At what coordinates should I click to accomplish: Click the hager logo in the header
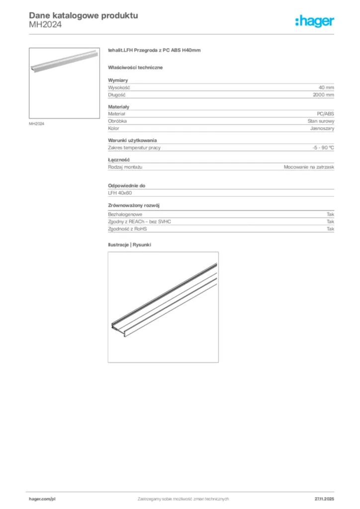point(315,21)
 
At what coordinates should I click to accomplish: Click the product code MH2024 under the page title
point(45,24)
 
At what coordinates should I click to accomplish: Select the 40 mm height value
point(326,87)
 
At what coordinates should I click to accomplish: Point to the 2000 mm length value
point(323,94)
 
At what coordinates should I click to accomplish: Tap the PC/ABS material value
point(326,114)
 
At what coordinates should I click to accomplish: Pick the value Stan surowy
point(321,121)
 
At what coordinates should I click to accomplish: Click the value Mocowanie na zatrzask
point(309,167)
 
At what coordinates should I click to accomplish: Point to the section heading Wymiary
point(118,80)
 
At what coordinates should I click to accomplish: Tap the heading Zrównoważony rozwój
point(134,205)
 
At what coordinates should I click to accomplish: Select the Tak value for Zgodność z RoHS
point(330,229)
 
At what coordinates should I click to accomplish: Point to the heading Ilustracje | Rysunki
point(129,245)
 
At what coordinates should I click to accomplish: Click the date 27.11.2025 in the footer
point(324,499)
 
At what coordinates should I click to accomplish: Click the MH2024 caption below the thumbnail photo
point(36,124)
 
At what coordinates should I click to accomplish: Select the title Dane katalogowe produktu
point(84,15)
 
